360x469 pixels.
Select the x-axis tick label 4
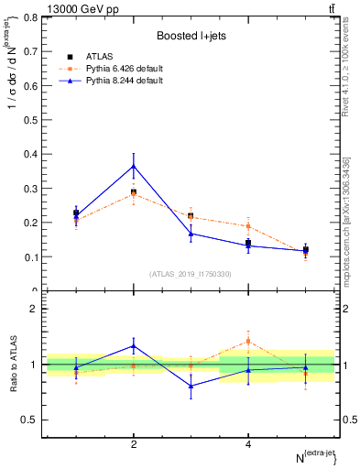click(x=248, y=444)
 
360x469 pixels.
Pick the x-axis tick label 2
click(x=134, y=444)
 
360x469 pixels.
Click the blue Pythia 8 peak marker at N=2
click(x=134, y=166)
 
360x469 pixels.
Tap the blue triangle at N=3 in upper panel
click(x=191, y=234)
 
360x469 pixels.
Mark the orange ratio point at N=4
click(x=248, y=341)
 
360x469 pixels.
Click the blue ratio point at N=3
click(x=191, y=386)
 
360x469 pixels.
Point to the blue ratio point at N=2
click(x=134, y=346)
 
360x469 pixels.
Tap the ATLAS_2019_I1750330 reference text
click(x=191, y=274)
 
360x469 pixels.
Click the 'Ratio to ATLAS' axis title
click(x=14, y=365)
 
